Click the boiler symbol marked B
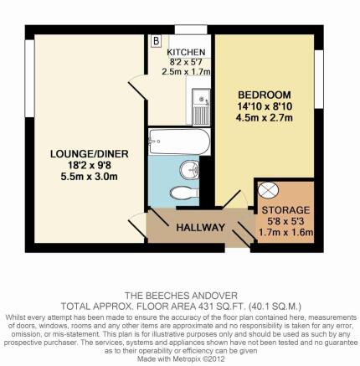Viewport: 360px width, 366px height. point(157,41)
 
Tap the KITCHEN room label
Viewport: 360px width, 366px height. point(186,52)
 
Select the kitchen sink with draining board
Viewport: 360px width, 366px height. point(201,106)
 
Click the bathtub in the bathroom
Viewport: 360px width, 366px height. point(179,142)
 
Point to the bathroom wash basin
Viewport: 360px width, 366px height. point(189,169)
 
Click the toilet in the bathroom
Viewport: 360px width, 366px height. point(184,193)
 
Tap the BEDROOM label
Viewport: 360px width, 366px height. point(265,95)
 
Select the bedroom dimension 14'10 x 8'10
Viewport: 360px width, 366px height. point(265,106)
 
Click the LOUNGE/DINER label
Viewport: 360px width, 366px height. point(90,154)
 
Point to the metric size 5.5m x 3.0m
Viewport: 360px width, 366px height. point(90,177)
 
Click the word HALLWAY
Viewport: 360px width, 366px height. point(200,228)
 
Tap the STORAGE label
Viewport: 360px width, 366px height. point(285,210)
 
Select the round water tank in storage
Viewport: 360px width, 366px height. point(268,190)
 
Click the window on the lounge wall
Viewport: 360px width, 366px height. point(29,79)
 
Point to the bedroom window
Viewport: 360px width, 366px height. point(319,80)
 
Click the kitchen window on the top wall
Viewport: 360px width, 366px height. point(191,29)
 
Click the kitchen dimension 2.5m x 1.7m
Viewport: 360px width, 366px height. point(186,72)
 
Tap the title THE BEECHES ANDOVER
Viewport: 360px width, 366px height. point(181,296)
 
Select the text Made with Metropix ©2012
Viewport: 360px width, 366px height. point(181,358)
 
